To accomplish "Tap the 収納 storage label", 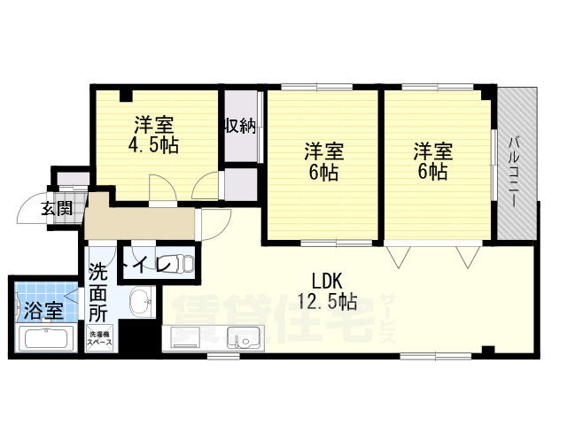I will point(240,127).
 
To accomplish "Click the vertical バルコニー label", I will point(516,169).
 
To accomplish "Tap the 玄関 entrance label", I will point(56,210).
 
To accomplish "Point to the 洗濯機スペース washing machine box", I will point(99,338).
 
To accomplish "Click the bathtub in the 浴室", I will point(48,339).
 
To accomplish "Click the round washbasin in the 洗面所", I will point(138,304).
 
